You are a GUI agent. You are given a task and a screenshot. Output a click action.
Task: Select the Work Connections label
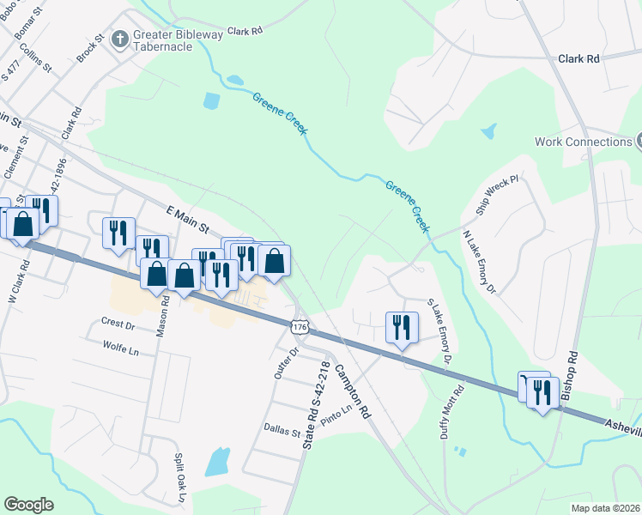(x=583, y=142)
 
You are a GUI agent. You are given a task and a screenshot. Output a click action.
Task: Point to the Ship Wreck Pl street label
(x=497, y=197)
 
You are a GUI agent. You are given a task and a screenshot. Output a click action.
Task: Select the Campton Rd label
(x=352, y=389)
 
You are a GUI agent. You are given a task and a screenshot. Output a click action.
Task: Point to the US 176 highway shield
(x=299, y=327)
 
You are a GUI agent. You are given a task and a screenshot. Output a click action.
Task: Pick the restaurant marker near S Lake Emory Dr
(x=401, y=328)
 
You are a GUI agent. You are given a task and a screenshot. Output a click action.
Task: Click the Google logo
(x=29, y=505)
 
